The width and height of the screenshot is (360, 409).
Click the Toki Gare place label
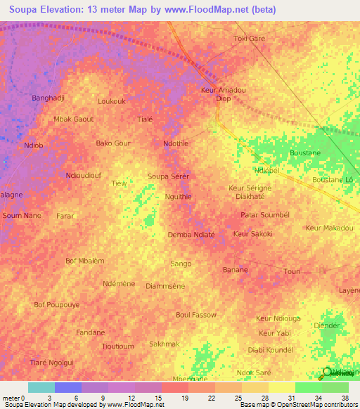click(249, 38)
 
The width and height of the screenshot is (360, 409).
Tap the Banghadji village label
click(49, 98)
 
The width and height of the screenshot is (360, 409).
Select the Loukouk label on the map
click(112, 101)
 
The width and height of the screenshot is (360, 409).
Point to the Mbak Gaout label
click(74, 119)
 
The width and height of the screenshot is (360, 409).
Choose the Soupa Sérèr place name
click(168, 176)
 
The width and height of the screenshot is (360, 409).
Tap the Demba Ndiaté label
click(191, 234)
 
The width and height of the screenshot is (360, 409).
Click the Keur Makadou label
click(330, 228)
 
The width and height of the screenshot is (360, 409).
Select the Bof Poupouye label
click(57, 305)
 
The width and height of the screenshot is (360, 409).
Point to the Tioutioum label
click(117, 346)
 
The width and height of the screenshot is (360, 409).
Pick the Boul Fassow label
click(196, 314)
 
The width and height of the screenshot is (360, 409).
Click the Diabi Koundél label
click(271, 349)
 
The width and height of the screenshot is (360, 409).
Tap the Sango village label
click(181, 264)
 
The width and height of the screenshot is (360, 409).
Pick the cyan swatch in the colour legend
click(41, 387)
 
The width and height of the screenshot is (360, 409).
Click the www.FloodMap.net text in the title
click(213, 9)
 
